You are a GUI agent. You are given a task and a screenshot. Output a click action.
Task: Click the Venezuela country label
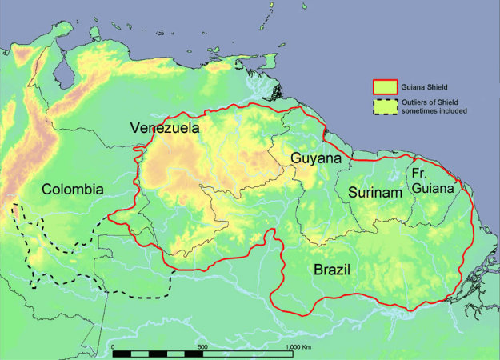point(166,128)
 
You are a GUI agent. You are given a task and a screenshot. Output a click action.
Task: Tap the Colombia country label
point(73,190)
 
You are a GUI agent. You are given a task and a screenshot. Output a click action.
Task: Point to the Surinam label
point(374,193)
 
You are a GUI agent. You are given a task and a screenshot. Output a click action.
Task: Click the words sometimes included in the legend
point(439,110)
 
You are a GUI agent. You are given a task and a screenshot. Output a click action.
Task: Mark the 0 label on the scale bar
point(114,346)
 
